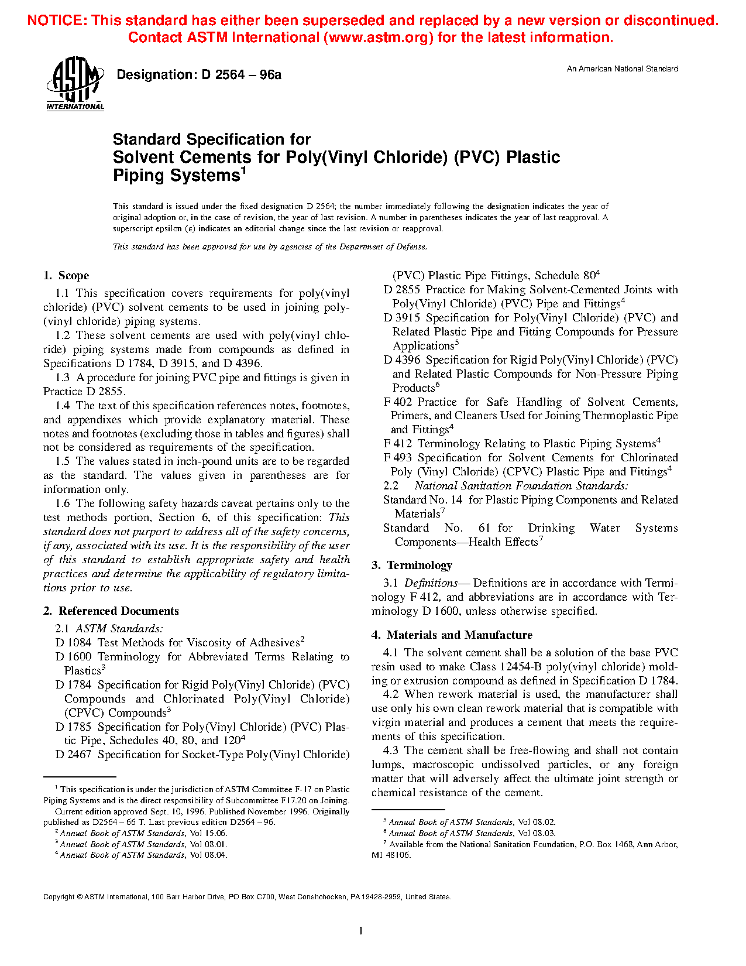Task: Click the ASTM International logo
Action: [x=75, y=83]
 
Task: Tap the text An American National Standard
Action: [x=622, y=69]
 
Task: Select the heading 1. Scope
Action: [x=66, y=276]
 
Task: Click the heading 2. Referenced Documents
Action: [x=111, y=611]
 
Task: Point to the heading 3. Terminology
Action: [x=412, y=566]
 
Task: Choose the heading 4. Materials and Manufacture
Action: [x=452, y=635]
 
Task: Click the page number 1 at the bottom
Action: [x=360, y=931]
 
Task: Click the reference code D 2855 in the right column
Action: [x=402, y=290]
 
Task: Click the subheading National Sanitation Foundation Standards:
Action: [x=521, y=486]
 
